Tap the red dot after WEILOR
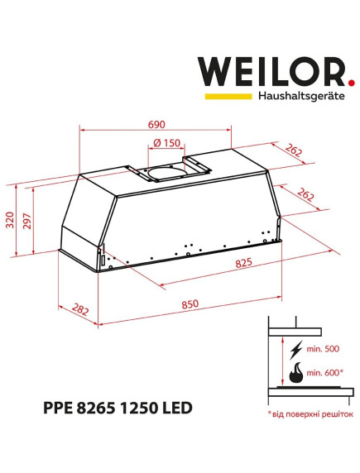click(x=351, y=83)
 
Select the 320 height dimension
click(x=10, y=220)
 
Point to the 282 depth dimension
click(x=80, y=309)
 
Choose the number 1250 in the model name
click(x=147, y=408)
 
